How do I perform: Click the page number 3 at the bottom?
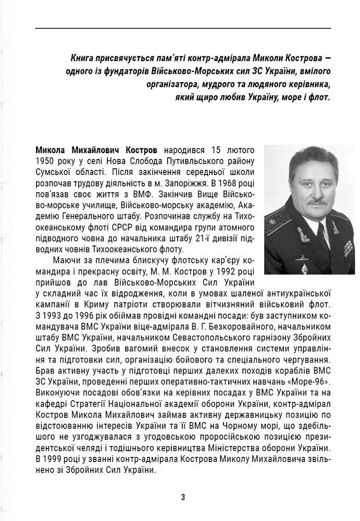point(183,497)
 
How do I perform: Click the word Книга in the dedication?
point(83,58)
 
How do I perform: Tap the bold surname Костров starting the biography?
point(141,151)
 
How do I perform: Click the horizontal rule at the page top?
point(183,28)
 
